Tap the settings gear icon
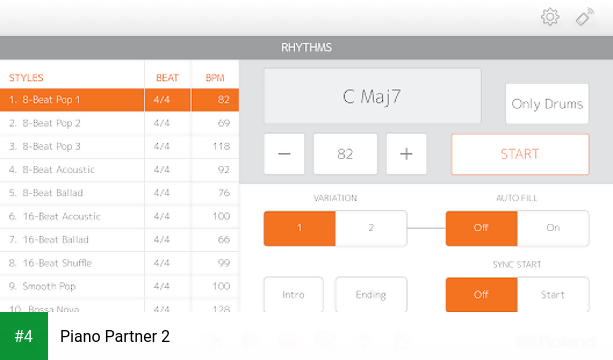point(549,17)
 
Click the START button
point(520,154)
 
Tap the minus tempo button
point(285,154)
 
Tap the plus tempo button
point(406,154)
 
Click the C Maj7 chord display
point(372,97)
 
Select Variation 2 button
point(371,228)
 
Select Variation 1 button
point(299,228)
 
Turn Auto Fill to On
point(553,228)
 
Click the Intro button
point(293,295)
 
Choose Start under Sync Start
point(553,295)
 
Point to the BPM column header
point(215,77)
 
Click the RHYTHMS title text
point(306,47)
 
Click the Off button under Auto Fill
point(481,228)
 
